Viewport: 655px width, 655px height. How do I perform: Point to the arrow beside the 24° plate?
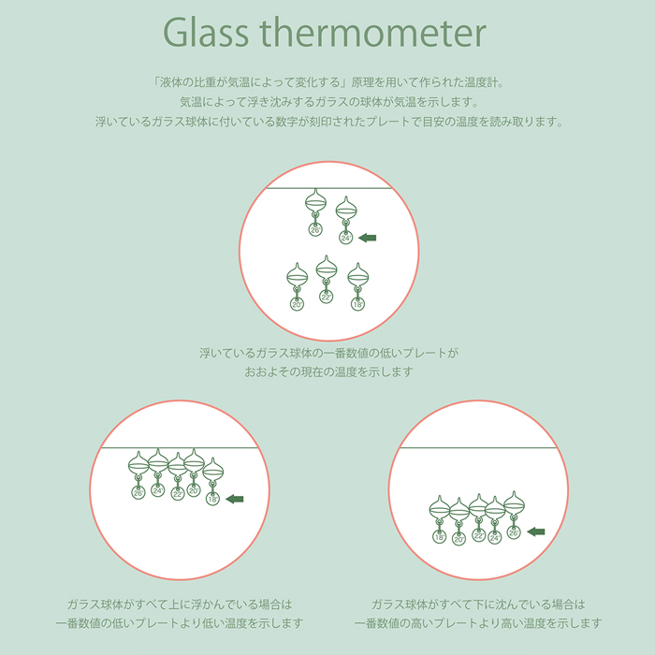[368, 238]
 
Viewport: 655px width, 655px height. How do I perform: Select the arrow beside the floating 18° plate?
[235, 499]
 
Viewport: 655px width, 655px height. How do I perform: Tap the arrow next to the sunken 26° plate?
[536, 531]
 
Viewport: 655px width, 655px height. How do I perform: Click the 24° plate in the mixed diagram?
[346, 238]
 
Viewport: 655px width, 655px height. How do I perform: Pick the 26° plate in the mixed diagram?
[315, 229]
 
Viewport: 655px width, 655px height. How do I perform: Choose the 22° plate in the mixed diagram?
[327, 297]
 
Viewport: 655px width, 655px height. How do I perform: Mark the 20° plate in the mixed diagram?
[297, 304]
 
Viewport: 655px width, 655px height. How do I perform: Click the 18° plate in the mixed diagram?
[358, 304]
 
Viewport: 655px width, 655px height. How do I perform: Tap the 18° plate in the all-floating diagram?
[212, 499]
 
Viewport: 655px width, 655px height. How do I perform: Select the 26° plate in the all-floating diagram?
[138, 493]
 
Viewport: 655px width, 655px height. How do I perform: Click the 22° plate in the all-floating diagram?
[178, 493]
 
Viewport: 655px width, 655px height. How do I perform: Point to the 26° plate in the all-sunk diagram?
[514, 532]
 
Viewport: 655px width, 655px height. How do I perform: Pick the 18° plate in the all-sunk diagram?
[440, 536]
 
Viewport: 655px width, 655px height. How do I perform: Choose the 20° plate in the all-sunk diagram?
[458, 539]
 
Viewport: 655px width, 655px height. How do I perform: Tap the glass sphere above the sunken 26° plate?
[515, 503]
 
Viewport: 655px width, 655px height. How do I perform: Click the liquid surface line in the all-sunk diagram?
[479, 448]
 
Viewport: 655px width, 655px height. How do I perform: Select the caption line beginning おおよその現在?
[328, 371]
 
